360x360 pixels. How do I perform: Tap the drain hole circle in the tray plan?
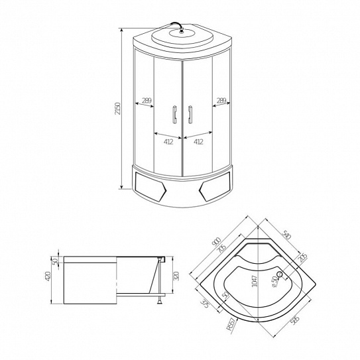tap(280, 275)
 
